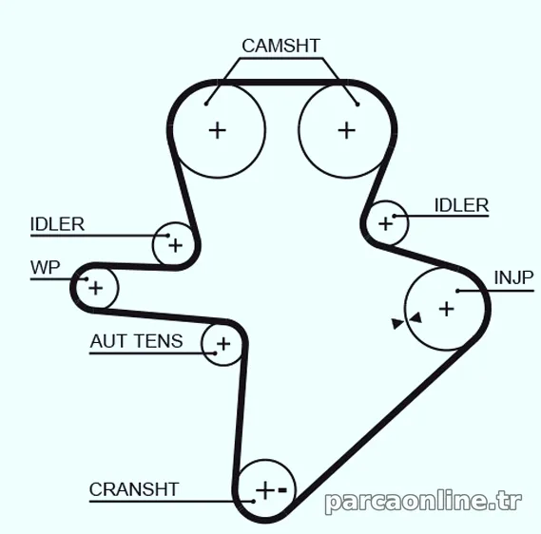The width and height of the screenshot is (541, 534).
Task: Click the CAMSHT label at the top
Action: (280, 46)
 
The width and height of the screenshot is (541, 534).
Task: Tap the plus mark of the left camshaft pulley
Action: (218, 131)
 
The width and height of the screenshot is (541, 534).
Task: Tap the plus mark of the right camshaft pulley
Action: (347, 131)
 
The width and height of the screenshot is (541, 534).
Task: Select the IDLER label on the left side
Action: (57, 224)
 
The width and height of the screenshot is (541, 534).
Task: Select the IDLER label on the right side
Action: (462, 205)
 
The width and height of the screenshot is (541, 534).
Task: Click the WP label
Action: (46, 268)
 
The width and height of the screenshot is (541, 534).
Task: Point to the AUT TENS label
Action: (136, 341)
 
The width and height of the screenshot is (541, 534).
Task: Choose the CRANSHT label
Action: (134, 489)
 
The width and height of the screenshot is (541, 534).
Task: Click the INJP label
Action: (514, 277)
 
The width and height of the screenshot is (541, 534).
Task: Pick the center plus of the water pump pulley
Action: (96, 288)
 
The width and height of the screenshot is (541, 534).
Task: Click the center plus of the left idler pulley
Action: (175, 246)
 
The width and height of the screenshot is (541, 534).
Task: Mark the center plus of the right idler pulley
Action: (385, 224)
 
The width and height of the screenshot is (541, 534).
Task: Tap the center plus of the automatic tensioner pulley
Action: (223, 344)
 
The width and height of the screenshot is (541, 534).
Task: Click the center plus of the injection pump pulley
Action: (447, 309)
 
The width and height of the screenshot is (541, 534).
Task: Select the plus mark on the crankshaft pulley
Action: (265, 490)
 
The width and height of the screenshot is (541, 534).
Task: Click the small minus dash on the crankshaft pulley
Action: (282, 490)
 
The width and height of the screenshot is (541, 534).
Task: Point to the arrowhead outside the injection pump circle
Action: (397, 324)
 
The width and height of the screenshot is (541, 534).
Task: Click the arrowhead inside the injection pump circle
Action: (416, 318)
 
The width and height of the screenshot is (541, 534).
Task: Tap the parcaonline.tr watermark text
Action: (423, 502)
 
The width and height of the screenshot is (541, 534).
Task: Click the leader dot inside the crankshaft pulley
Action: (253, 502)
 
